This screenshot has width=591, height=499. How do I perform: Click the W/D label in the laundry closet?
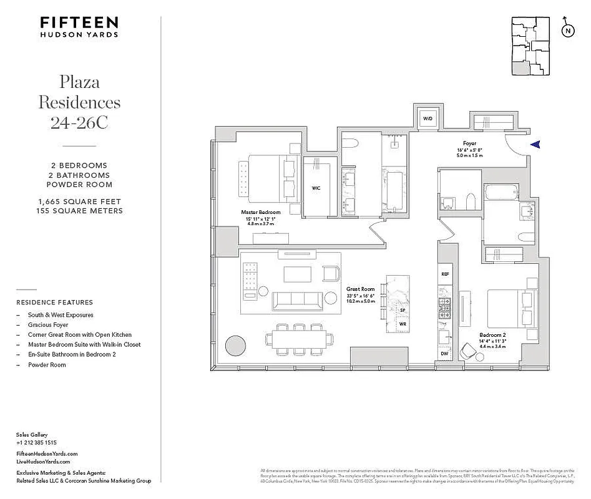[428, 118]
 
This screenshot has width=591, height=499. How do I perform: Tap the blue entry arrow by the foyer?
[535, 144]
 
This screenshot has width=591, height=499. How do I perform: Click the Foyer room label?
[470, 143]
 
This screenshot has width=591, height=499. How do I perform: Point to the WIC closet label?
[316, 188]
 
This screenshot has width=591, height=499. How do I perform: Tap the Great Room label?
[360, 289]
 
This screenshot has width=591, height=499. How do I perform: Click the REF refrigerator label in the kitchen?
[445, 274]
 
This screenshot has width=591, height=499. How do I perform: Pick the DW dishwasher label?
[444, 354]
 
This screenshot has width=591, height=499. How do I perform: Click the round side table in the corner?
[235, 345]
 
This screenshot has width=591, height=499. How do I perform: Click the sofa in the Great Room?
[298, 300]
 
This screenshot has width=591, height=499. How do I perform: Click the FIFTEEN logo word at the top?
[79, 22]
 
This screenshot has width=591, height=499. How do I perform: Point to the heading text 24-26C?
[79, 122]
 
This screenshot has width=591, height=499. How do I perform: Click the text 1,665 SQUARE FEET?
[79, 202]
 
